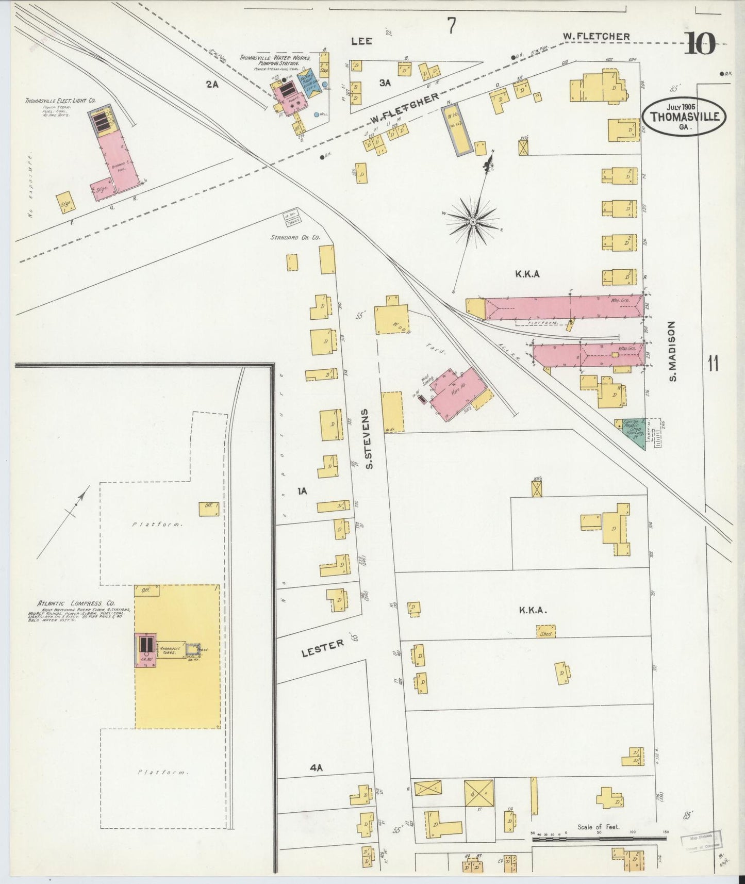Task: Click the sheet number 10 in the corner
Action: tap(700, 44)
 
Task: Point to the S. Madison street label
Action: tap(672, 351)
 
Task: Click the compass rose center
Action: tap(472, 221)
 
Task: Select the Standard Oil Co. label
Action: tap(295, 238)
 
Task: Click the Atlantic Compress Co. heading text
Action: tap(76, 603)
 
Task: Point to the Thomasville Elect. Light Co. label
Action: tap(60, 101)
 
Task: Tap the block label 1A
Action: tap(302, 491)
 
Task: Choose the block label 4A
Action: tap(316, 768)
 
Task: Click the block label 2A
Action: tap(212, 85)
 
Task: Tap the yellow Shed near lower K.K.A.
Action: tap(546, 633)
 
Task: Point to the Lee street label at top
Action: tap(361, 41)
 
